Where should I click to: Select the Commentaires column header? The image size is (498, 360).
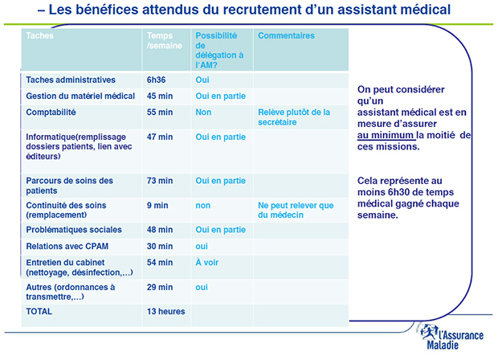(x=286, y=36)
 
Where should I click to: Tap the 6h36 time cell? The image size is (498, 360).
(x=157, y=80)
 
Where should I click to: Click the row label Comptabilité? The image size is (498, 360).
(x=51, y=112)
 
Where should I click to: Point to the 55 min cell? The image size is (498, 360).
(x=160, y=112)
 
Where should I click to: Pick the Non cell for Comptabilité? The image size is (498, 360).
(x=203, y=112)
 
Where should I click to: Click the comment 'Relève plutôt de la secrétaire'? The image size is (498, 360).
(x=294, y=117)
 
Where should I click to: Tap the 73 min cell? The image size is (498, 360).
(x=160, y=181)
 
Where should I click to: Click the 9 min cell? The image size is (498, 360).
(x=157, y=205)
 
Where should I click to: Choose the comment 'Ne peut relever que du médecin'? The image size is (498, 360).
(x=296, y=210)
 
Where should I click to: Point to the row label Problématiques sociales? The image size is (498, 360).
(x=74, y=230)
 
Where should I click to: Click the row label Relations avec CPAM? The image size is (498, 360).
(x=67, y=246)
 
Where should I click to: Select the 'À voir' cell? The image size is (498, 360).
(x=207, y=263)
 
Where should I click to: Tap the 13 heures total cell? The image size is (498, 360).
(x=165, y=311)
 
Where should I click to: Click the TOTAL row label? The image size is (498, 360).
(x=40, y=311)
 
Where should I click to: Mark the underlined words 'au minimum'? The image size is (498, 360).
(x=388, y=136)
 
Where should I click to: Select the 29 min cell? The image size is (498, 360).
(x=160, y=287)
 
